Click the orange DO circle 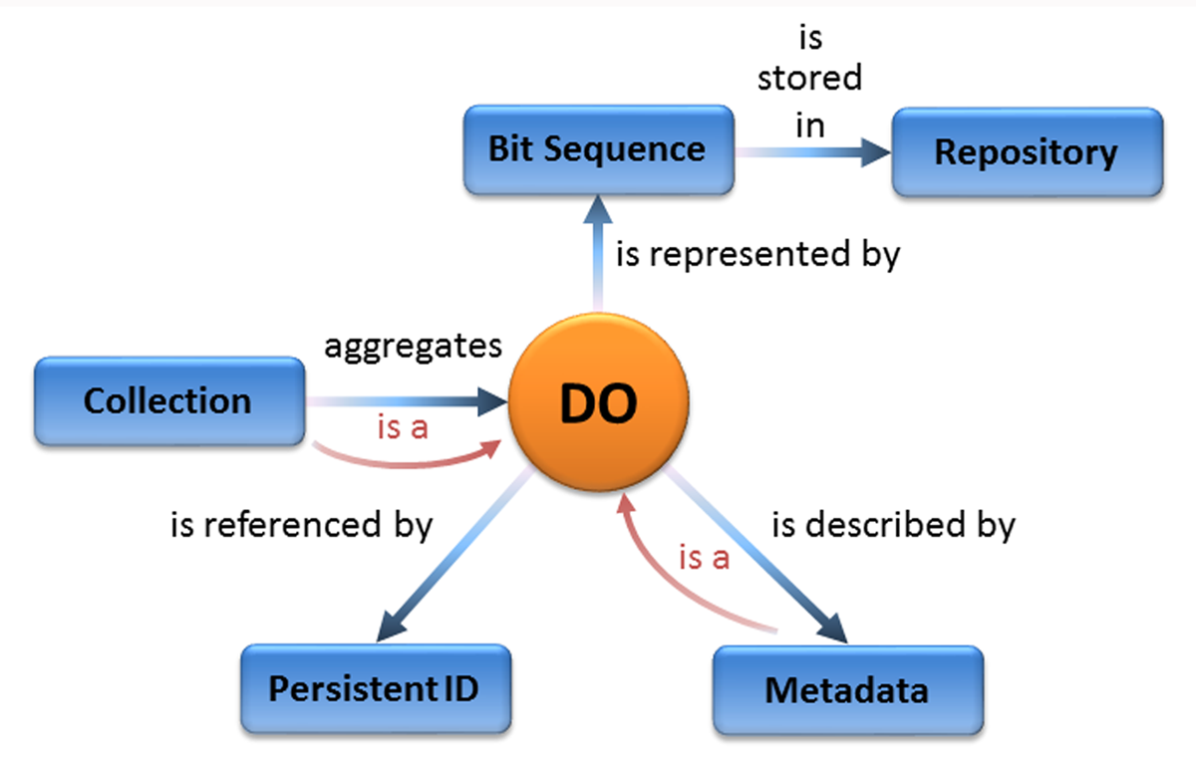click(599, 401)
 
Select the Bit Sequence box click(599, 149)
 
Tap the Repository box click(1028, 152)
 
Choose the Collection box click(169, 400)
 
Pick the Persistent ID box click(376, 688)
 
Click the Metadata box click(848, 690)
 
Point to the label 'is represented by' click(758, 256)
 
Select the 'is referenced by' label click(302, 526)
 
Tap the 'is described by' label click(894, 526)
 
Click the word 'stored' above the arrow click(810, 78)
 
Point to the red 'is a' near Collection click(403, 427)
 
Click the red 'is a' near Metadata click(705, 558)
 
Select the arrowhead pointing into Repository click(876, 152)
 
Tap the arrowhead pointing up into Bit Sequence click(598, 208)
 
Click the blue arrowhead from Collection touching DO click(492, 401)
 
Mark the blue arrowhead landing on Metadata click(833, 629)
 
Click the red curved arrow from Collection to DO click(406, 465)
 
